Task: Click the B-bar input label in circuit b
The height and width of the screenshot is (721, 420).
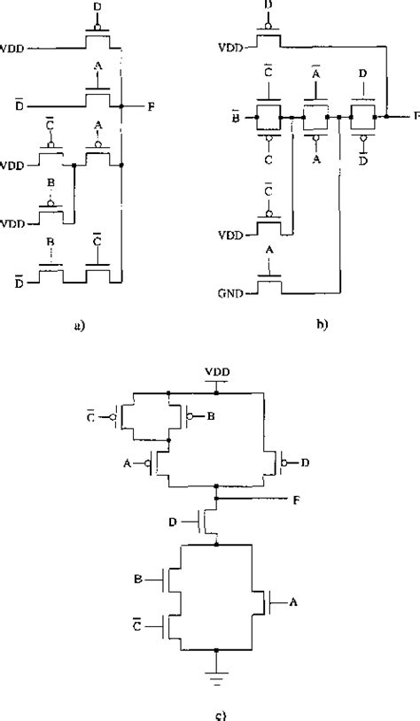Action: point(234,117)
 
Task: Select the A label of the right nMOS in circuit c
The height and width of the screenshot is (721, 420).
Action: point(284,602)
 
